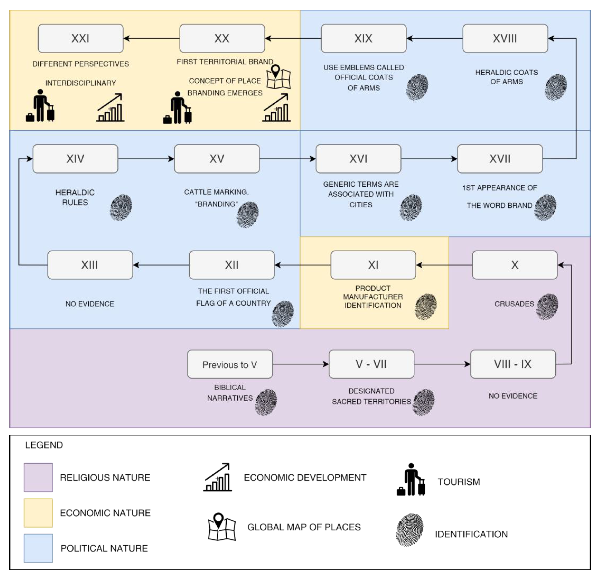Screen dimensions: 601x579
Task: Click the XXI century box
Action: (81, 38)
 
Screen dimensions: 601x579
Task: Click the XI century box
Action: (373, 265)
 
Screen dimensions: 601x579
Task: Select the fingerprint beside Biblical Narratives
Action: (266, 402)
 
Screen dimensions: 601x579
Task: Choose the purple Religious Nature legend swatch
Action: (38, 477)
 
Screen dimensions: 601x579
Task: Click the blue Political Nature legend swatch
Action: (38, 548)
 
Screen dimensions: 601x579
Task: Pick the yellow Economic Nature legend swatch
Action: (38, 513)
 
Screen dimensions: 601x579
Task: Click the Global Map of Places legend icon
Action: (222, 527)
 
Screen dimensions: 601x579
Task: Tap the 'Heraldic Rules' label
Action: (75, 197)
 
